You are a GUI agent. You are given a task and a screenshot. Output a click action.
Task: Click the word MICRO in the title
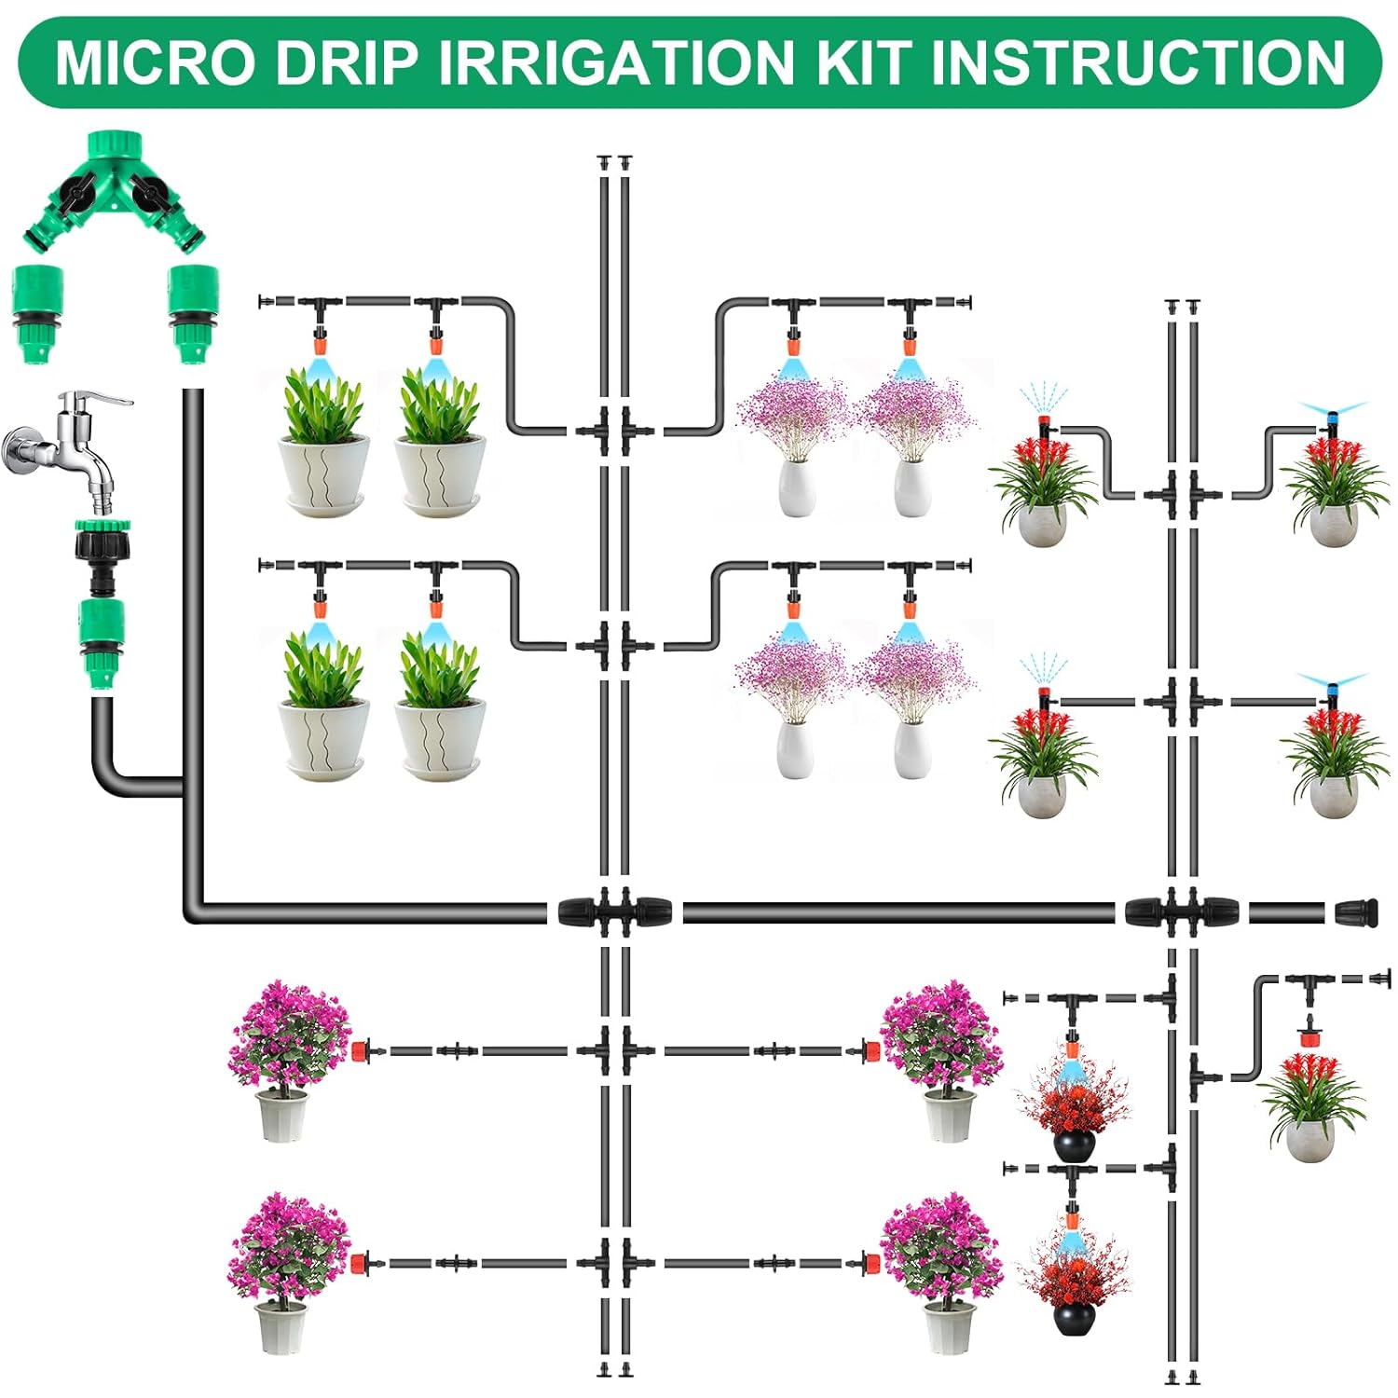155,62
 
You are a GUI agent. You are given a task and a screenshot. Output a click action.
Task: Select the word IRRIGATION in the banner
617,62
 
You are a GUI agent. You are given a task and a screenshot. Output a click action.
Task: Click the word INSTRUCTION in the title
1138,62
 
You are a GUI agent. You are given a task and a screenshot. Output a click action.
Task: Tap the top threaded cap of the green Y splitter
114,146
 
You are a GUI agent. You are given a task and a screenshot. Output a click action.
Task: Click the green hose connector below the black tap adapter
101,643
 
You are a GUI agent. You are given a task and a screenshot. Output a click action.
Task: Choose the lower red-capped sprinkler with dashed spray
1044,693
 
